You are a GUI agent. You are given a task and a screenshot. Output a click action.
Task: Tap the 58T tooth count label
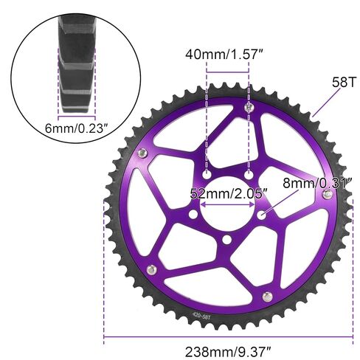[344, 82]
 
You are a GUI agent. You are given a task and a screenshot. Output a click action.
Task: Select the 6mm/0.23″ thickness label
[77, 128]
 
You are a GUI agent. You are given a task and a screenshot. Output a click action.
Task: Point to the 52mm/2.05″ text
[229, 194]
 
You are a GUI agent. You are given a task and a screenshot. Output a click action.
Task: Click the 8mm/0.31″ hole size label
[318, 183]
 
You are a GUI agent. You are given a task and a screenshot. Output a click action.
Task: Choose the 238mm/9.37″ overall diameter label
[228, 352]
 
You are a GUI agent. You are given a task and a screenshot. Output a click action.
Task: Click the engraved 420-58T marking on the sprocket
[201, 316]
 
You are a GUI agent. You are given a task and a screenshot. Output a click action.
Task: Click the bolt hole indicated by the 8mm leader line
[261, 215]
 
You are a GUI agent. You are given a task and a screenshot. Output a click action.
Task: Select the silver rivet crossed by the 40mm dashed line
[249, 107]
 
